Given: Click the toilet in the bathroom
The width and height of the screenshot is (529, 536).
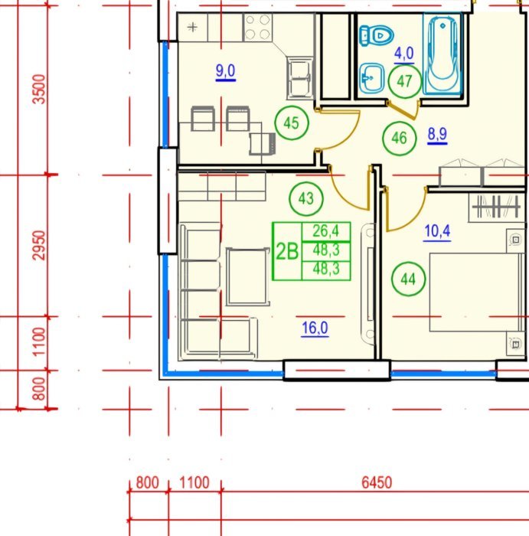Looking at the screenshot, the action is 376,35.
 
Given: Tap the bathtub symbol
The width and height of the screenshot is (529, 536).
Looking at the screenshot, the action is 442,53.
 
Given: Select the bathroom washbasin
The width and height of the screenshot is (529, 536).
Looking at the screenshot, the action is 371,78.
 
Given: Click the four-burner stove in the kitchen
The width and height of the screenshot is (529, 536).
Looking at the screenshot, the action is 258,28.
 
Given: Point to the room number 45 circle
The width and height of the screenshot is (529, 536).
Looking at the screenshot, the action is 292,123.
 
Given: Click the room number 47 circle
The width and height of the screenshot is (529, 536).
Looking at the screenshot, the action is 405,81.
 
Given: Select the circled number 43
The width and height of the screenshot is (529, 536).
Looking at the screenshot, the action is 306,198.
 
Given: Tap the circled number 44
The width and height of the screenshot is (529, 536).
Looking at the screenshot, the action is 408,279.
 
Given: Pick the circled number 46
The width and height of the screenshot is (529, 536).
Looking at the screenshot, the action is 399,138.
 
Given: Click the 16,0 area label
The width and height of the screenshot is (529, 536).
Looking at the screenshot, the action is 315,328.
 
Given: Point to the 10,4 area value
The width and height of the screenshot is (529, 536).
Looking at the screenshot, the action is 437,231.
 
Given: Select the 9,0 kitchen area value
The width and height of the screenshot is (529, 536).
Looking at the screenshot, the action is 226,71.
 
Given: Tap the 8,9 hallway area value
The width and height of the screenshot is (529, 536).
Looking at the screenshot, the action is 437,134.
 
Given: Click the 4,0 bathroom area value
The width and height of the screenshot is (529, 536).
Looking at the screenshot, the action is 404,54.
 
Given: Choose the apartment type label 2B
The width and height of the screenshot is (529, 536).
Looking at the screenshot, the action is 287,252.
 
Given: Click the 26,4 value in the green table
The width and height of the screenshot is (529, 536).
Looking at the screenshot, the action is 326,231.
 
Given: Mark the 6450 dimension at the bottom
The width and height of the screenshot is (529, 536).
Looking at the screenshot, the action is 377,482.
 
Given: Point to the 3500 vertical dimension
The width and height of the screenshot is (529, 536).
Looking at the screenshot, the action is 38,89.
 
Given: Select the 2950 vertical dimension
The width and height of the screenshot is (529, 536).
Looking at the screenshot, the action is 38,246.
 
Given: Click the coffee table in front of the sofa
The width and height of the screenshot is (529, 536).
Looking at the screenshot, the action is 247,276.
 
